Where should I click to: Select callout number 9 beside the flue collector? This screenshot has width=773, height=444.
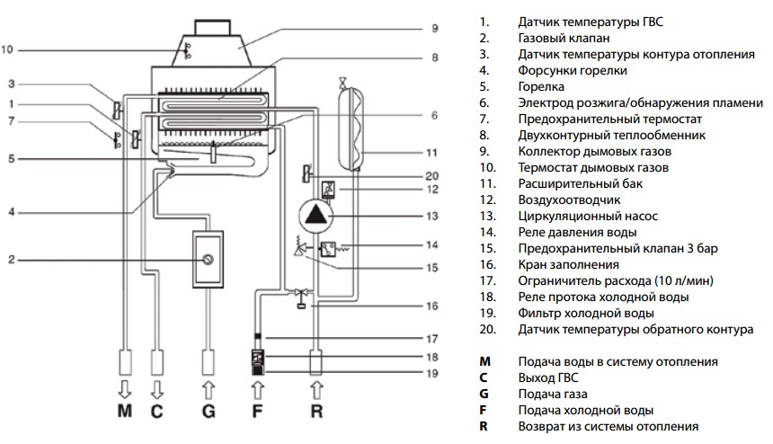(x=434, y=29)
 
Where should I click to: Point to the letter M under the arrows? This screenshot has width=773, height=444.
(x=125, y=414)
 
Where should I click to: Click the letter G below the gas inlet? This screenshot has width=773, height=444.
(x=209, y=414)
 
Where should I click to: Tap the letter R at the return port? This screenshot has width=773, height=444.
(x=315, y=414)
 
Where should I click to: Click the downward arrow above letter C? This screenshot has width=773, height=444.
(x=157, y=389)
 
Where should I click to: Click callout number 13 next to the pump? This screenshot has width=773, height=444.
(x=432, y=216)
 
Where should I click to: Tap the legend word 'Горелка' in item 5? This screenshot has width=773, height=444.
(x=541, y=86)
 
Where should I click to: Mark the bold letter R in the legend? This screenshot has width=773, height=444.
(x=484, y=426)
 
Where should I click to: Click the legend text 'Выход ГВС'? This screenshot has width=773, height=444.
(x=548, y=377)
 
